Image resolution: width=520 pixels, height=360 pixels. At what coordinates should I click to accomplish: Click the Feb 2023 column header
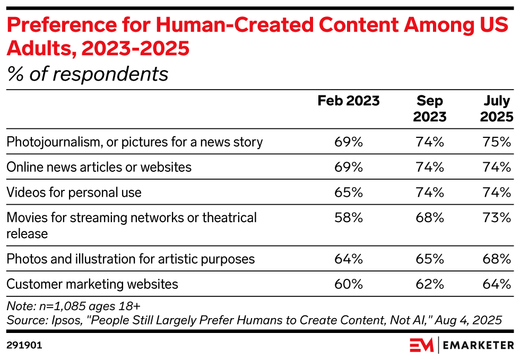[349, 101]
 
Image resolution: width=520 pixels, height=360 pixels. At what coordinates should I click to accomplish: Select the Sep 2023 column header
[430, 108]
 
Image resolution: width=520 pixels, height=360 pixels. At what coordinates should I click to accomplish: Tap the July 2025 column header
[497, 108]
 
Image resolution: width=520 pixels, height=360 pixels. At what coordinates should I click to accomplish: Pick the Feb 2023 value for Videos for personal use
[349, 192]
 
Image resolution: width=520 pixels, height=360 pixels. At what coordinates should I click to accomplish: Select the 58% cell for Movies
[349, 217]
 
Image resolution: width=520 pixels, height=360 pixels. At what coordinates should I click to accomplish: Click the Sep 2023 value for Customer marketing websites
[430, 284]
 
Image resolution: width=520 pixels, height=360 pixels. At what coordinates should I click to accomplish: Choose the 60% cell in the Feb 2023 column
[349, 284]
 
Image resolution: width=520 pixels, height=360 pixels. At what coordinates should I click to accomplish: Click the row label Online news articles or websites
[99, 167]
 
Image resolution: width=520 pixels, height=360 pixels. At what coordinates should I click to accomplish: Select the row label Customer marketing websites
[92, 284]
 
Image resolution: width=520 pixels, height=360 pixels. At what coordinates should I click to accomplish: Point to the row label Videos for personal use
[74, 192]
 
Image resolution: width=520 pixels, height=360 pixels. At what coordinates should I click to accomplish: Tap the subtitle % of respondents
[87, 74]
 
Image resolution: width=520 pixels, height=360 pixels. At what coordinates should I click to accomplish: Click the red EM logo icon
[421, 345]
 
